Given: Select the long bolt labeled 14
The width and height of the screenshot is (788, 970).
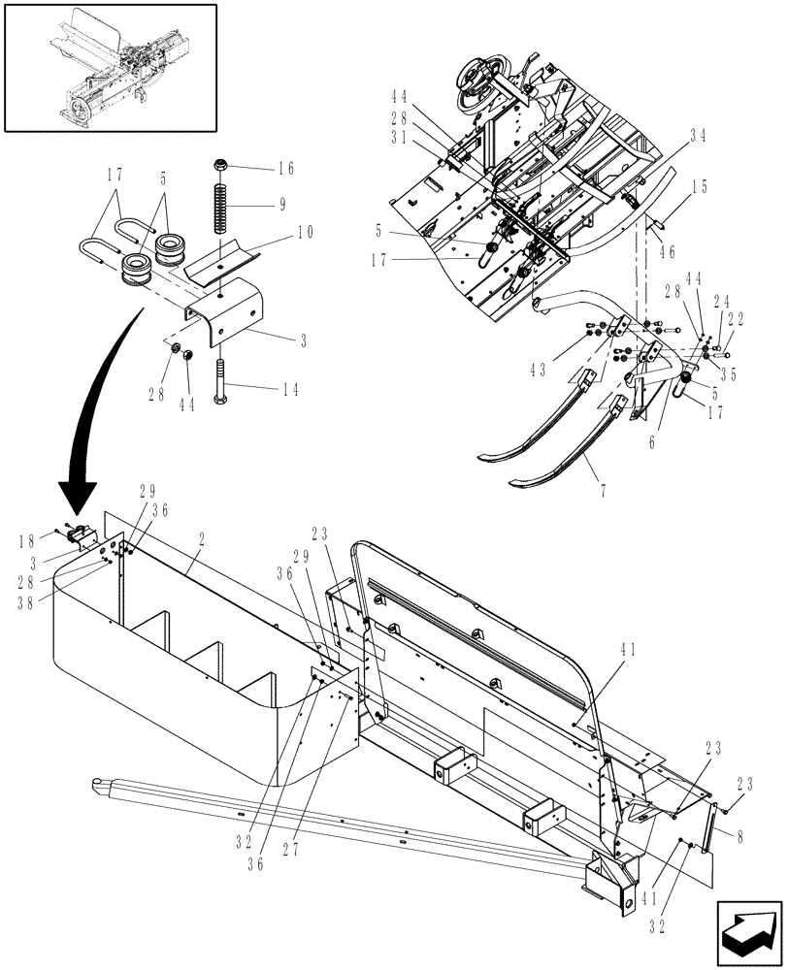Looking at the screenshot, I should coord(224,378).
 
